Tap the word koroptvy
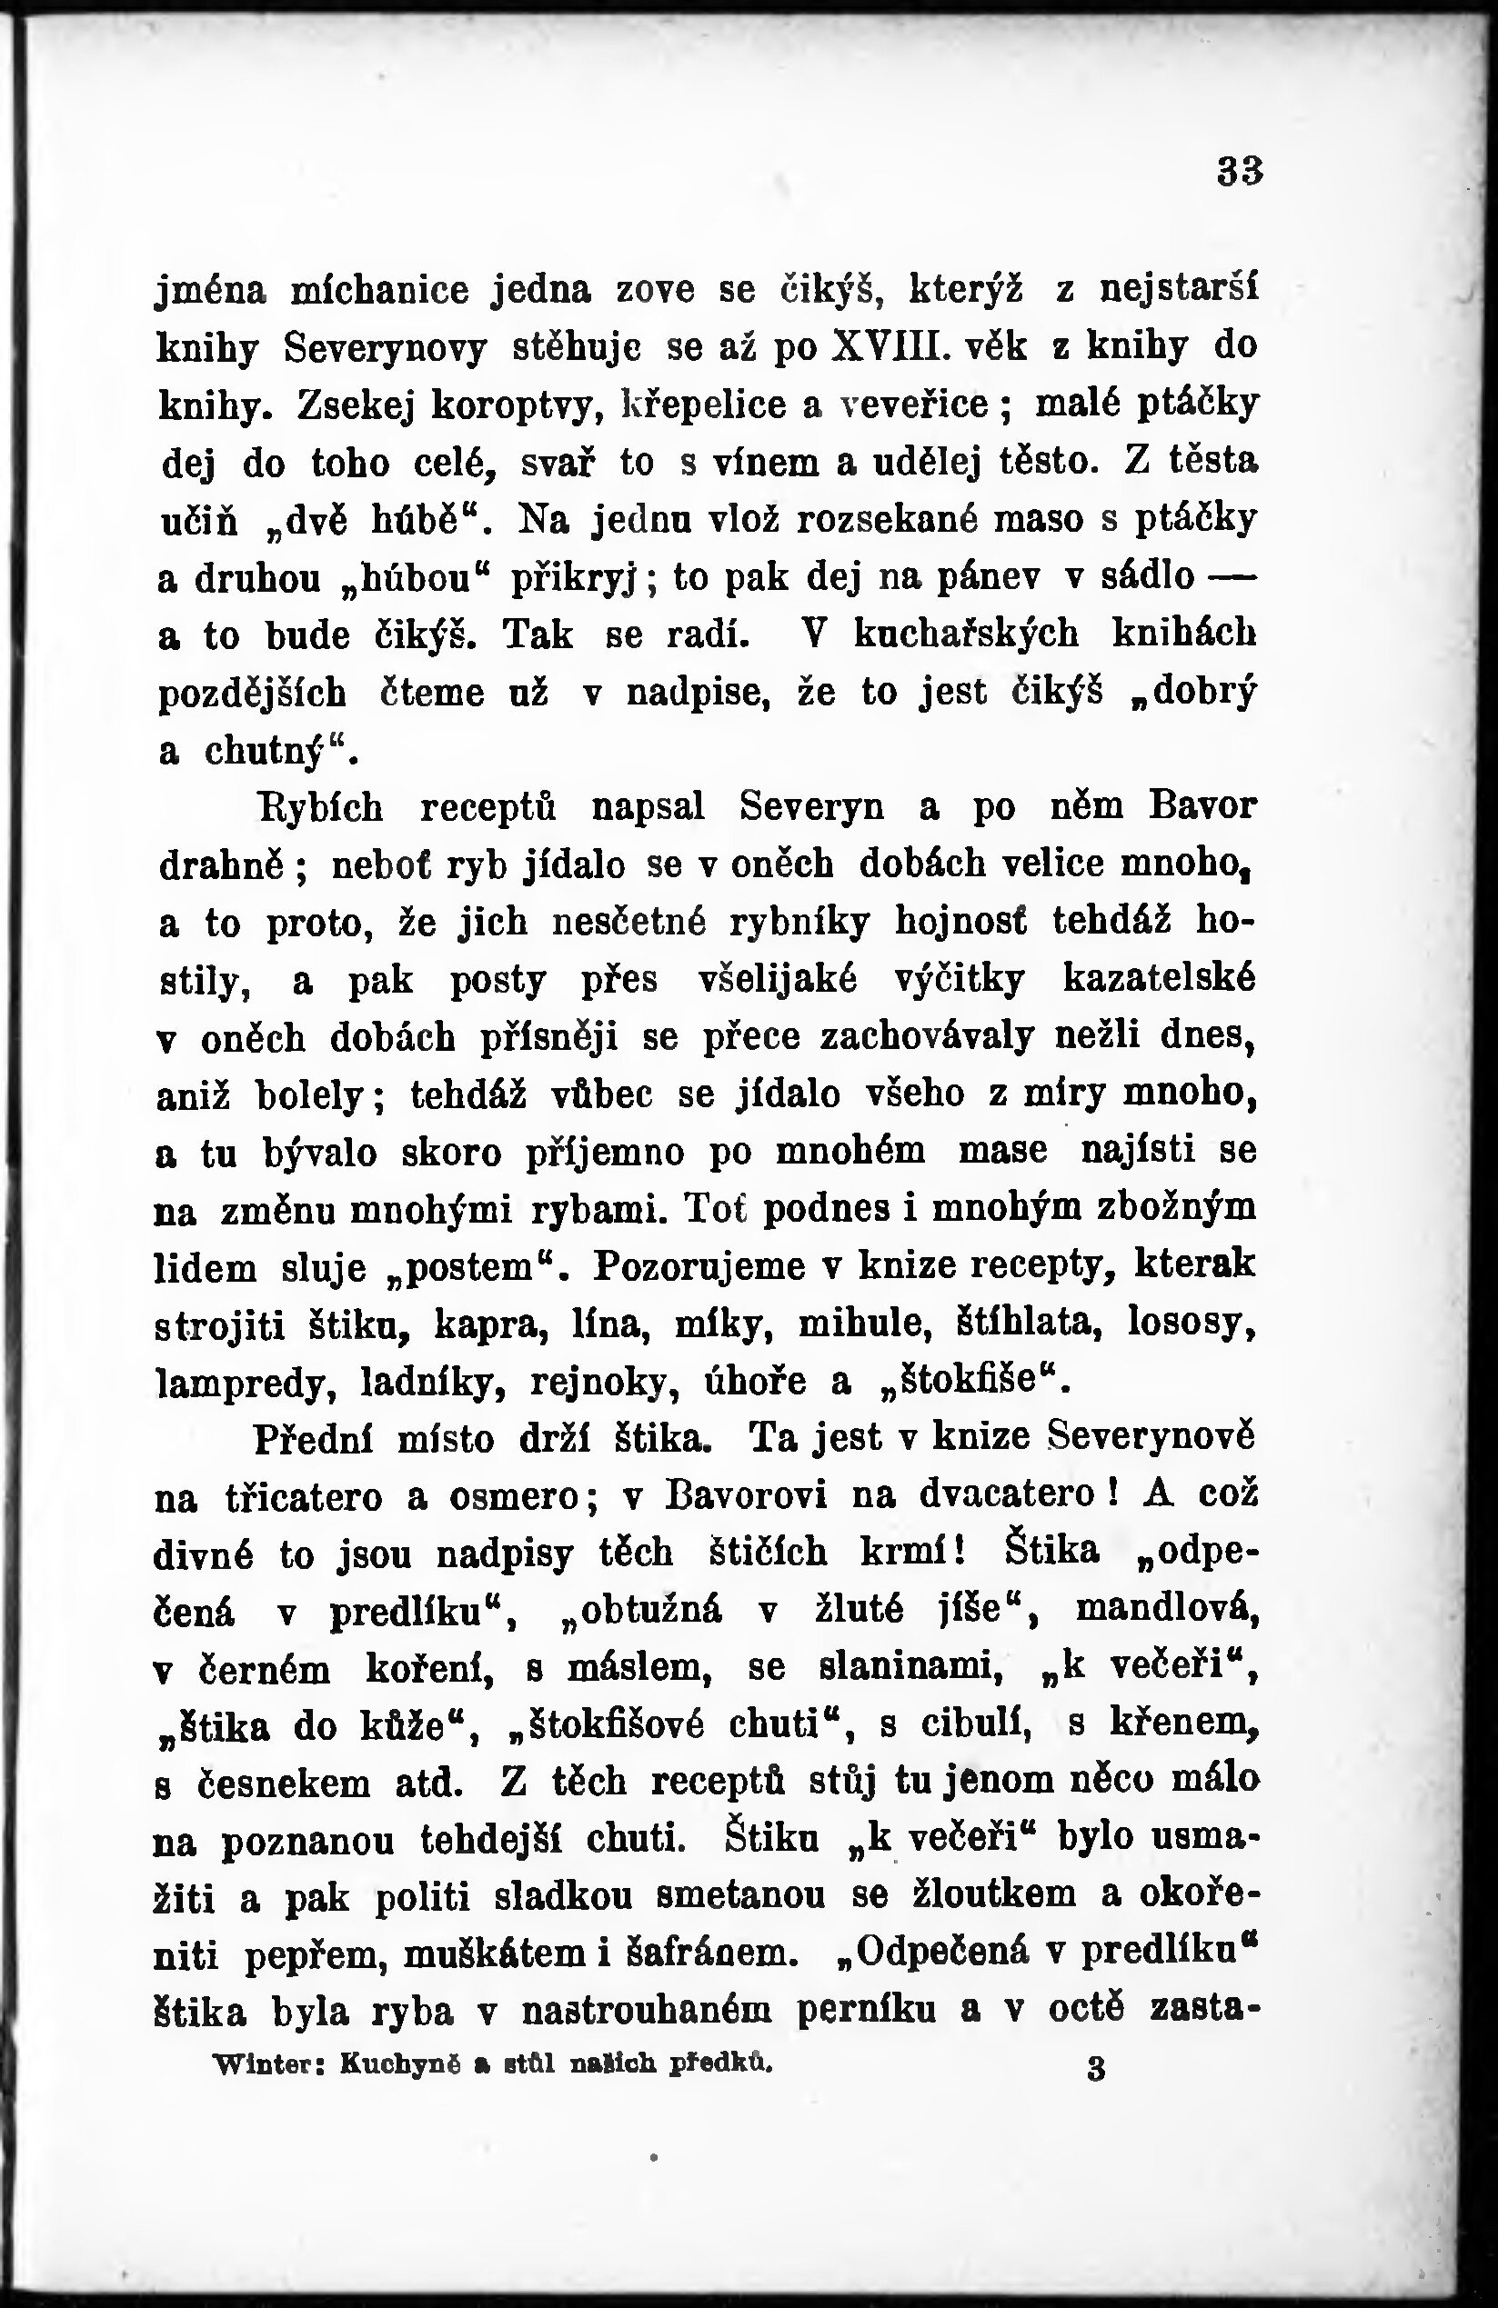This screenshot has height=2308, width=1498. pyautogui.click(x=519, y=405)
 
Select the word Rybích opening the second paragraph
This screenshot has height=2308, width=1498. pyautogui.click(x=319, y=808)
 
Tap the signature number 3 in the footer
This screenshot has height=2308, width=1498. pyautogui.click(x=1096, y=2068)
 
